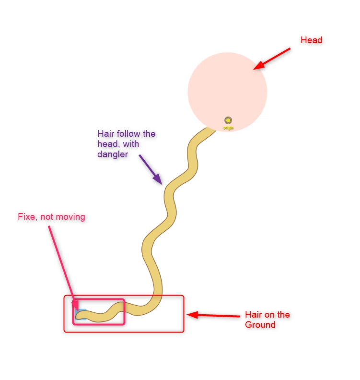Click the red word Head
(311, 40)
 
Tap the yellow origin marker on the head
(228, 120)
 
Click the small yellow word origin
(228, 128)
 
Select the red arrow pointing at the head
(272, 58)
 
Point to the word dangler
(113, 154)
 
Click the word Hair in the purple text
(105, 134)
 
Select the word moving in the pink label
(70, 217)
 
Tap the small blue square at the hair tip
(80, 313)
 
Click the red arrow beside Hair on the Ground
(213, 315)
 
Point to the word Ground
(260, 325)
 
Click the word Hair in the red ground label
(253, 315)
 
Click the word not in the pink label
(47, 217)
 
